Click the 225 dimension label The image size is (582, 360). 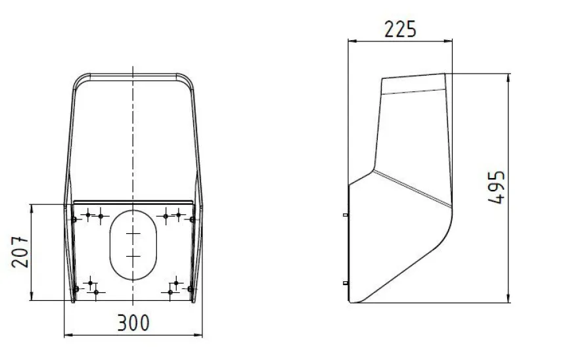tap(400, 30)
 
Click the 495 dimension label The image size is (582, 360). tap(496, 187)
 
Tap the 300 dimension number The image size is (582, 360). tap(133, 323)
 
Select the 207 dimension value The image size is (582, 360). tap(20, 252)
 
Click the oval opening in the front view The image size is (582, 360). tap(133, 245)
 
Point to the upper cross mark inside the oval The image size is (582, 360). tap(133, 233)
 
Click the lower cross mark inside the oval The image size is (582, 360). tap(133, 256)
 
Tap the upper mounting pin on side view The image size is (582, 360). tap(346, 215)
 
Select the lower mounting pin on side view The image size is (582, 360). tap(346, 283)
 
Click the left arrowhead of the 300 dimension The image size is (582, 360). tap(68, 336)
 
